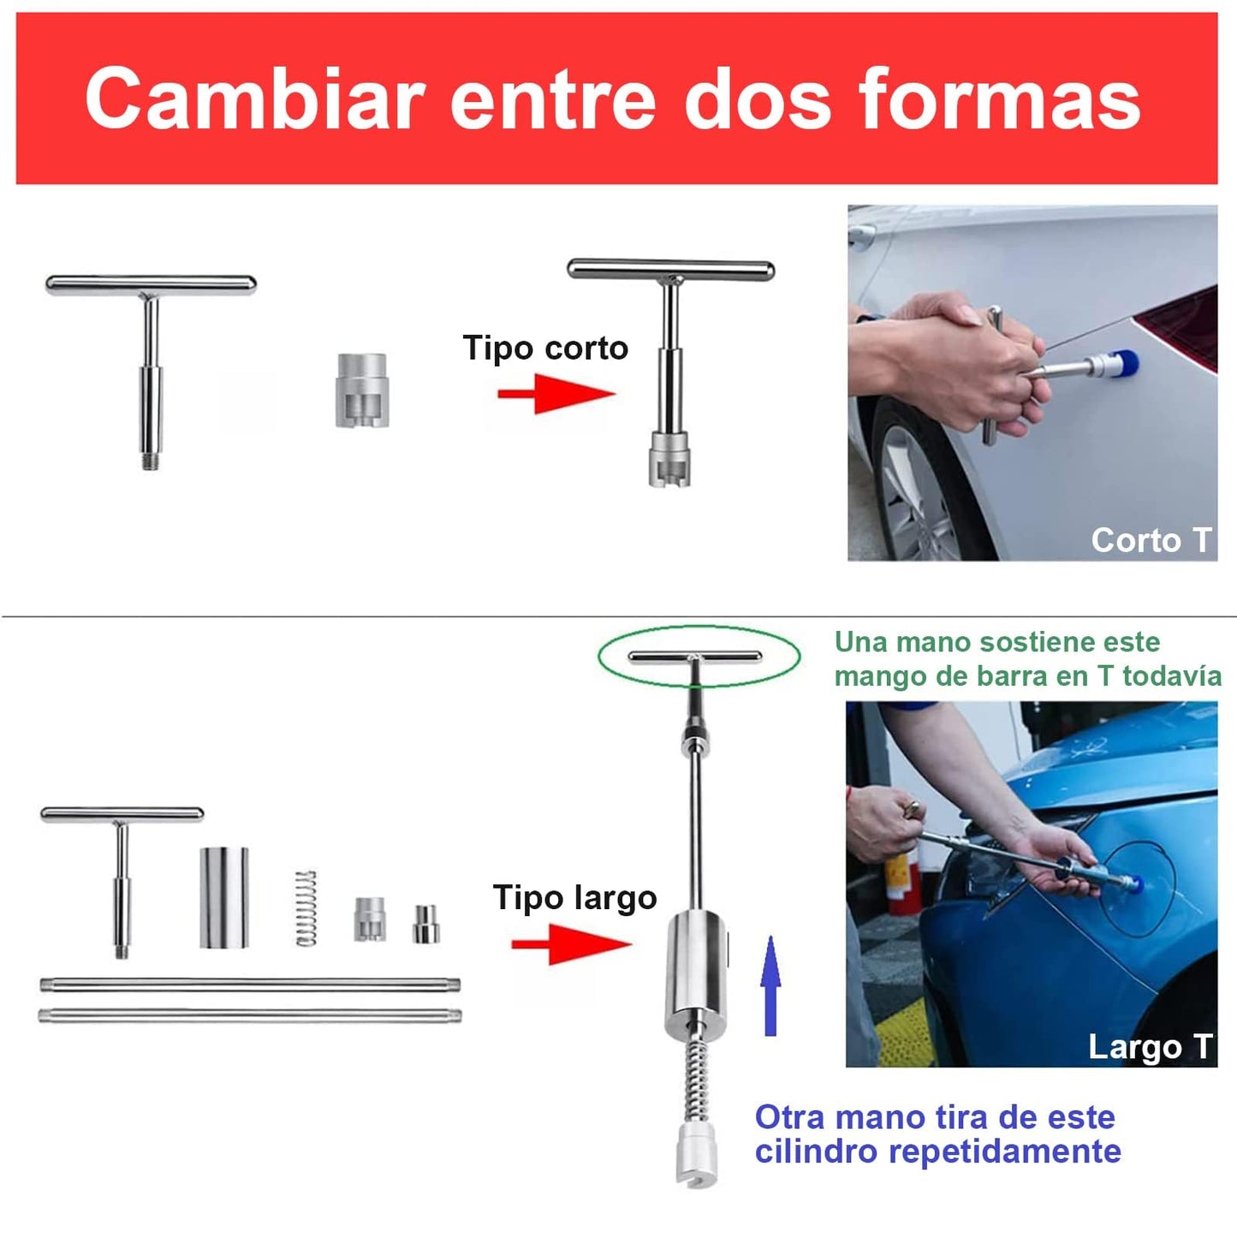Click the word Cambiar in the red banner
click(255, 99)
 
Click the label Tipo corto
click(545, 348)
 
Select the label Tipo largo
click(575, 898)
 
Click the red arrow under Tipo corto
click(556, 394)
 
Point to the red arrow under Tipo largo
click(572, 944)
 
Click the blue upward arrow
click(770, 986)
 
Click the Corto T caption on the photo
click(1151, 540)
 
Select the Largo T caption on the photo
click(1150, 1047)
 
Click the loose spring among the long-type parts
click(306, 908)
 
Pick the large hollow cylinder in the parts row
click(224, 897)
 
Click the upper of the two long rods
click(250, 984)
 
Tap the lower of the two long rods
click(250, 1015)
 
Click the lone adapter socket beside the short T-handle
click(361, 390)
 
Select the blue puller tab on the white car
click(1123, 363)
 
